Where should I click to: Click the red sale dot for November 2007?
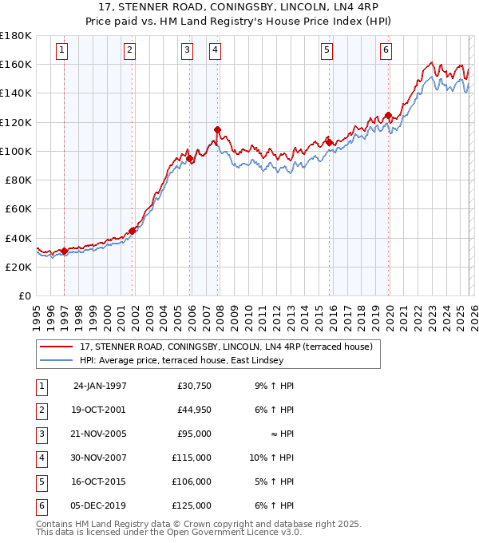point(217,129)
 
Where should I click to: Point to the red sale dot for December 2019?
point(388,115)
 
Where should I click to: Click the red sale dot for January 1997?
point(65,251)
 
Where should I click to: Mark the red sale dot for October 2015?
point(329,142)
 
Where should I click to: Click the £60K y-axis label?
point(18,208)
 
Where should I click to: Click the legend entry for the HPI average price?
point(181,360)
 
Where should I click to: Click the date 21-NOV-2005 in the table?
point(100,434)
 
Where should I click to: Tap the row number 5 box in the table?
point(40,482)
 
